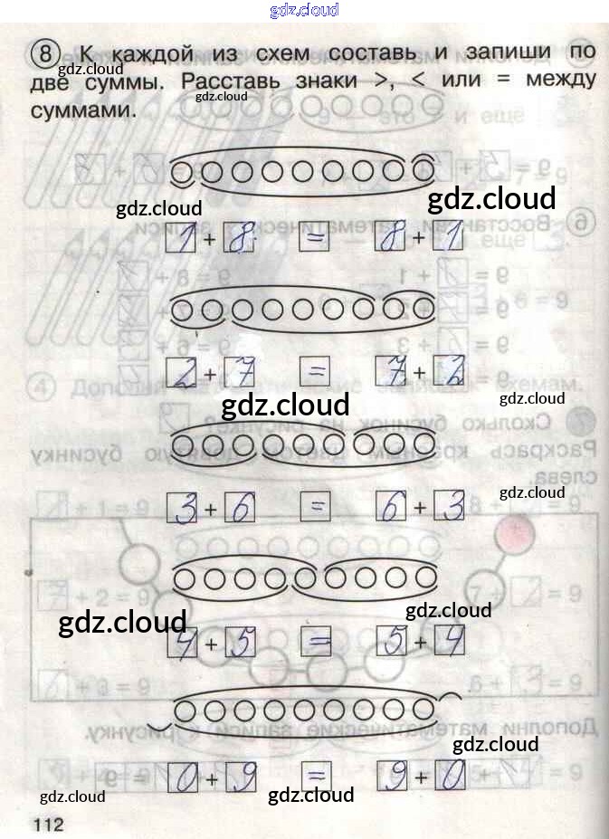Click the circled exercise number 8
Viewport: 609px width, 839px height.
coord(43,52)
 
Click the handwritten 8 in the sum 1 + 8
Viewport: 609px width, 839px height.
coord(239,239)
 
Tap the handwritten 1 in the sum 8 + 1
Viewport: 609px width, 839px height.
coord(448,239)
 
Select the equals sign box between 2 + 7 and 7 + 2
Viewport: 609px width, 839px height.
coord(315,372)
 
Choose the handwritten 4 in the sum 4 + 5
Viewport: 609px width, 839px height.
coord(183,644)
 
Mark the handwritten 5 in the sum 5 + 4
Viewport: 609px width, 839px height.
coord(392,644)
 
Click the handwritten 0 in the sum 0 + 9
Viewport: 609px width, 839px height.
coord(183,777)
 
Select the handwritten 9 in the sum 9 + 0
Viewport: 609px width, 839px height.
coord(392,777)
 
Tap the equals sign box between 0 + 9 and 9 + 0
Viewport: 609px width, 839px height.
coord(315,777)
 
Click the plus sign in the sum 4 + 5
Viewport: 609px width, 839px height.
coord(210,644)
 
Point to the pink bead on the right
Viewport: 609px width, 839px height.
coord(513,536)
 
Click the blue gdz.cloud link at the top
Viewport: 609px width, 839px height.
coord(304,10)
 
